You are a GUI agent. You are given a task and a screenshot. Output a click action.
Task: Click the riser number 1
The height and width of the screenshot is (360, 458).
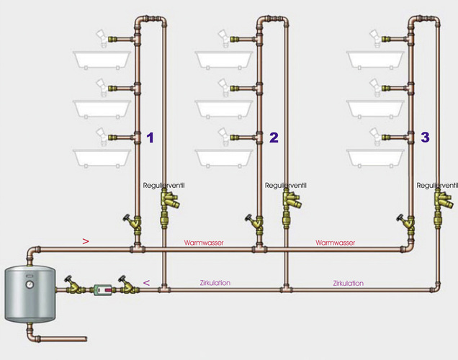point(150,137)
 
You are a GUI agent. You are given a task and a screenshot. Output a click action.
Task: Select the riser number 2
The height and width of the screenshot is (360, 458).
point(274,138)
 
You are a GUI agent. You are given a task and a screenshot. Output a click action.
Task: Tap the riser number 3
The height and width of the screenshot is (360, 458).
point(425,137)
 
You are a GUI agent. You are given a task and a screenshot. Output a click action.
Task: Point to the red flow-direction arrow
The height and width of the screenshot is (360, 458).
point(86,242)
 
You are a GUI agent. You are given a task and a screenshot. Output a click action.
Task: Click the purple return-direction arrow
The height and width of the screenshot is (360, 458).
point(146,283)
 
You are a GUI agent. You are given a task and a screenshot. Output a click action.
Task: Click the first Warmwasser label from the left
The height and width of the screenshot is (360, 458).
point(203,243)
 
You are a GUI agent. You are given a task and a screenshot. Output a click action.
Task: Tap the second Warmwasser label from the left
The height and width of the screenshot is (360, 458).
point(336,243)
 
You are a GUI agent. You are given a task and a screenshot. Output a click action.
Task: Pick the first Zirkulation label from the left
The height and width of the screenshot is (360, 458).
point(215,283)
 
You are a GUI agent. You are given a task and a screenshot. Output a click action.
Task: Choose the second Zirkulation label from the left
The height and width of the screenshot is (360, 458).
point(348,283)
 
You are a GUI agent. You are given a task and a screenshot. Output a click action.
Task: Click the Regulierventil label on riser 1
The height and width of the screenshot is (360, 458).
point(164,186)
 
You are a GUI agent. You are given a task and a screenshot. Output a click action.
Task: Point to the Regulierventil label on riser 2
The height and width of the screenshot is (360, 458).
point(287,186)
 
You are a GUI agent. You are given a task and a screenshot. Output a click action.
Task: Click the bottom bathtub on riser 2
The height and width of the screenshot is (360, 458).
point(223,157)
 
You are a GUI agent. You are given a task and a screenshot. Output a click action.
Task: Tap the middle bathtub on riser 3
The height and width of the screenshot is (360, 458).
point(374,107)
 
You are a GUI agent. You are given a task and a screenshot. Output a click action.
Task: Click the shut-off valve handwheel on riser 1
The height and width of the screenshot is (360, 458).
point(127,219)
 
